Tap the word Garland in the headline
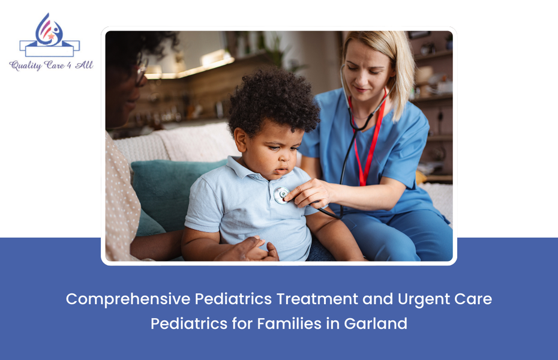(x=376, y=323)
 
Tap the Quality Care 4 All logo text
(x=51, y=65)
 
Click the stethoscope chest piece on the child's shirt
(x=281, y=194)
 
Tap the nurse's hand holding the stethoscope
(x=306, y=194)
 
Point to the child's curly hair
(x=273, y=102)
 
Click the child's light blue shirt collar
(x=252, y=171)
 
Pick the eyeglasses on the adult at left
(x=140, y=76)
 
